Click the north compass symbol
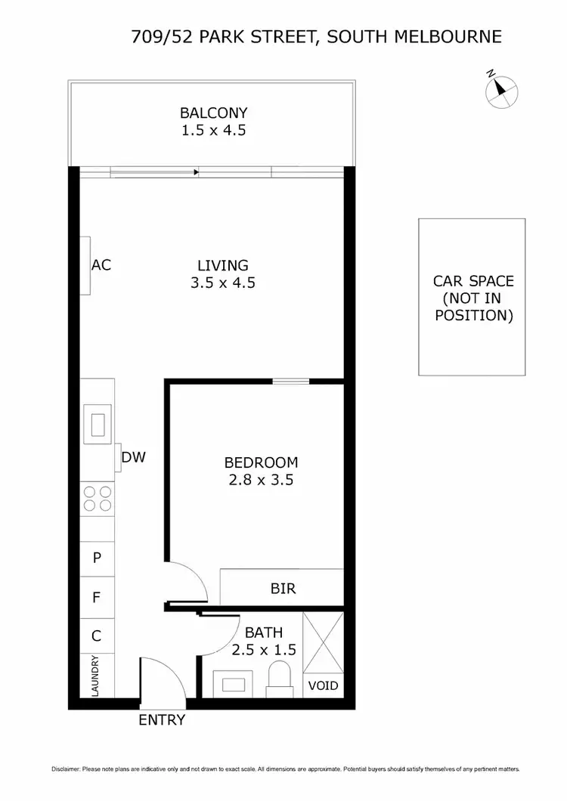(x=500, y=90)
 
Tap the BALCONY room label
(x=213, y=113)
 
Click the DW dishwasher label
(x=133, y=457)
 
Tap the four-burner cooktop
(x=98, y=499)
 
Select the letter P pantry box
(x=97, y=558)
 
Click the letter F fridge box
(x=97, y=598)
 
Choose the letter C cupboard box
(x=97, y=636)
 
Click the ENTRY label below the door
(x=162, y=720)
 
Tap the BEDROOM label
(x=261, y=462)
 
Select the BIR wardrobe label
(x=282, y=588)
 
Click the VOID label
(x=323, y=686)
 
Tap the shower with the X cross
(x=323, y=642)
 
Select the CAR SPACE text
(x=473, y=281)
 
